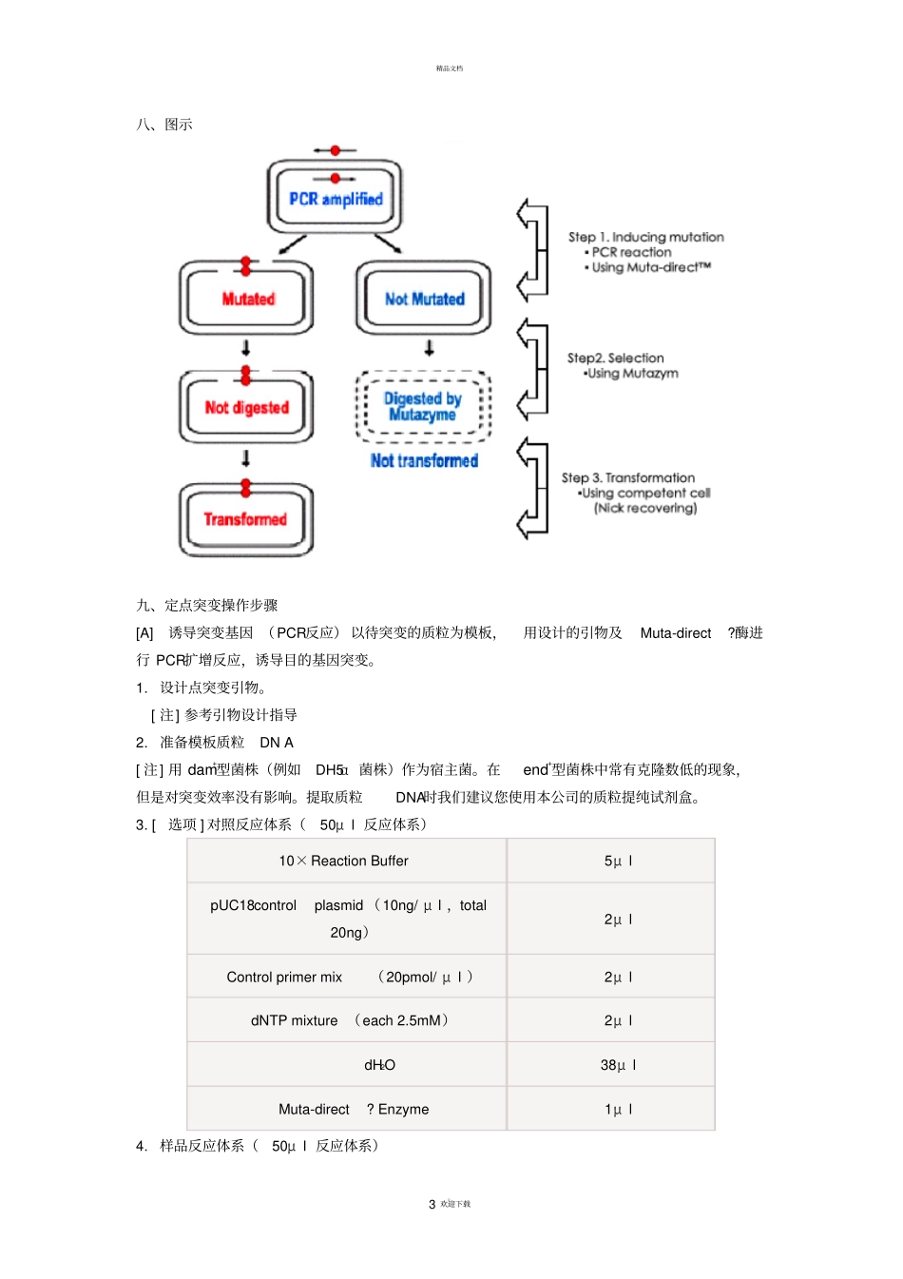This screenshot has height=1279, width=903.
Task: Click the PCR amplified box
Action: (335, 199)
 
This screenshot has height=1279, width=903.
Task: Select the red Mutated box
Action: (247, 299)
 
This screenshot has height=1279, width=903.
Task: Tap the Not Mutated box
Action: (424, 299)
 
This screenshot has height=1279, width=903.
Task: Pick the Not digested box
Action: (247, 408)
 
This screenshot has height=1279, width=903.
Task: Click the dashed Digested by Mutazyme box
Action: (423, 407)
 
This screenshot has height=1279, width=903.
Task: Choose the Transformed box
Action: (246, 519)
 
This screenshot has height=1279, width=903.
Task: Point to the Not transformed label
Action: (424, 461)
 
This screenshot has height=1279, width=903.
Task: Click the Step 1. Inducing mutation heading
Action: (645, 237)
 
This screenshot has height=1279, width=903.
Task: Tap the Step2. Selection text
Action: (615, 359)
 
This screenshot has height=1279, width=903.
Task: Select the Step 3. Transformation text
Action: (627, 477)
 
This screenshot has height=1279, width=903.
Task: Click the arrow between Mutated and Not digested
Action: (246, 348)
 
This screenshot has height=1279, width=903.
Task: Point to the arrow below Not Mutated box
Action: (430, 349)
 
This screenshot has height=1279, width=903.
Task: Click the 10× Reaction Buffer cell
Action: (344, 861)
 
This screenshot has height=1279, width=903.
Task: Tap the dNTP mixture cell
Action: (348, 1020)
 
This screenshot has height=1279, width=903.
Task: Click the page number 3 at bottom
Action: (432, 1204)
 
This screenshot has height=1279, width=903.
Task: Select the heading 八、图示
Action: (164, 125)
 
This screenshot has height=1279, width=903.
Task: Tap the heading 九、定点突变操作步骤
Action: (207, 606)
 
